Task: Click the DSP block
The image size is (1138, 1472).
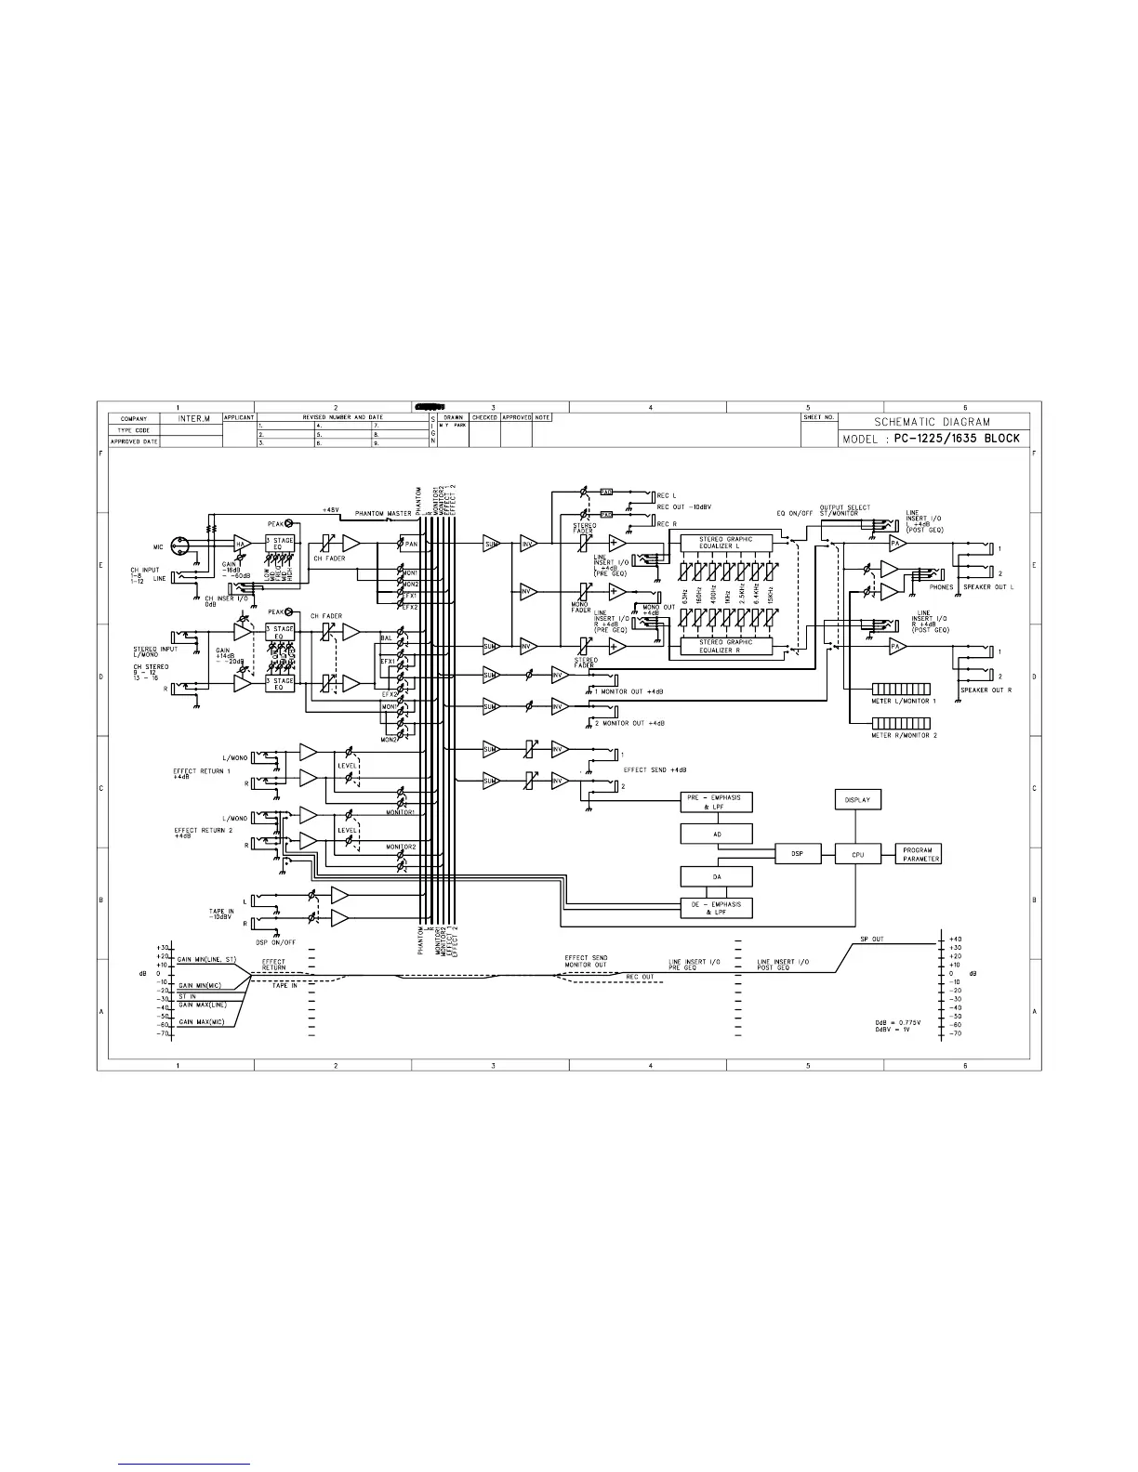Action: click(x=798, y=854)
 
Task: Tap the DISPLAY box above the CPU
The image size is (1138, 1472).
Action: click(x=856, y=799)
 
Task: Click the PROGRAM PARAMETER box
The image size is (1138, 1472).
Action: click(x=918, y=854)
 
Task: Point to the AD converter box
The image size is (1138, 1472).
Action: click(x=717, y=835)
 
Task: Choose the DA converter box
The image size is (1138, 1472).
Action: click(x=717, y=876)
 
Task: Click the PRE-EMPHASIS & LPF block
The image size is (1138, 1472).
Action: click(x=717, y=802)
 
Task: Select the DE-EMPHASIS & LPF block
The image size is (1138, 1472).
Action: click(x=717, y=908)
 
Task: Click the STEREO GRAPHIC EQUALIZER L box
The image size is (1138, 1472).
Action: click(x=725, y=542)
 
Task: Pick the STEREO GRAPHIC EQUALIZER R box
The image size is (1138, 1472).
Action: click(x=725, y=645)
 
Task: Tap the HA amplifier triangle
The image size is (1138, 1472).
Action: click(x=242, y=544)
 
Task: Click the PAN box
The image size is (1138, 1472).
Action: click(x=410, y=544)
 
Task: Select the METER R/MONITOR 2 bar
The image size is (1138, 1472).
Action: click(x=902, y=723)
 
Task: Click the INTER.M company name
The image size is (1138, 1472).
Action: click(x=192, y=419)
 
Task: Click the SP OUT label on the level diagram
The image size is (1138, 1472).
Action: click(x=872, y=940)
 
